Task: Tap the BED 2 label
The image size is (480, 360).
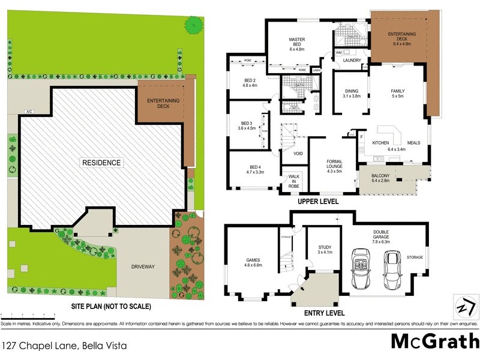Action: tap(250, 83)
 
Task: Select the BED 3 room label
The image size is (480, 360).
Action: tap(247, 125)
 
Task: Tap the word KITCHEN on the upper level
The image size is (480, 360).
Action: tap(381, 143)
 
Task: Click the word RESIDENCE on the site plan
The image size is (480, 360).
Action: tap(101, 163)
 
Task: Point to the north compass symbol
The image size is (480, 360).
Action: tap(463, 305)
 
